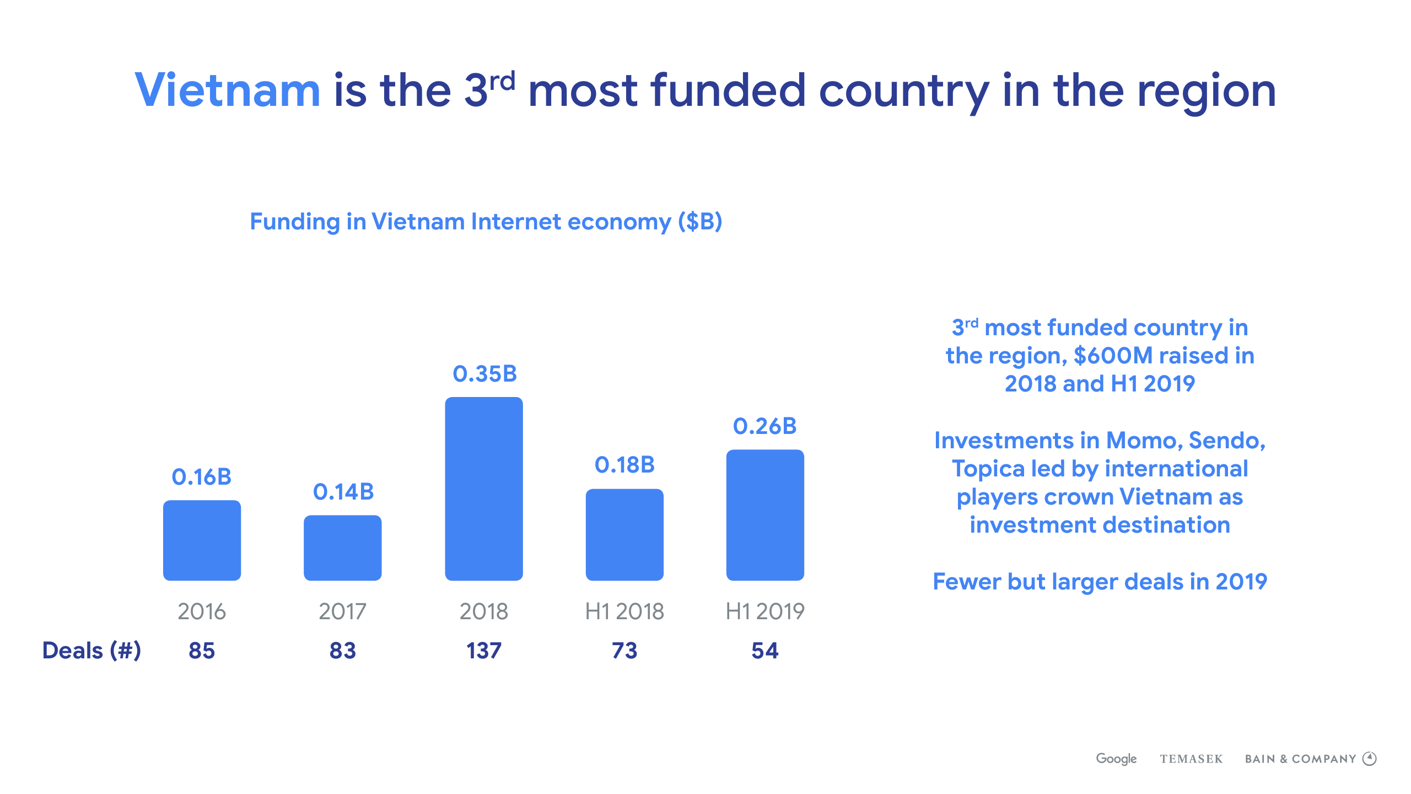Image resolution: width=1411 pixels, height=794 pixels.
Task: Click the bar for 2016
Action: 202,540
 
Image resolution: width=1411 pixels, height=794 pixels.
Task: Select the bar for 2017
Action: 343,548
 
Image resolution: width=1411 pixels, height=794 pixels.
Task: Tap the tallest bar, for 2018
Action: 484,489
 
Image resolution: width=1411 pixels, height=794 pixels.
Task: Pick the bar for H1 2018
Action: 624,534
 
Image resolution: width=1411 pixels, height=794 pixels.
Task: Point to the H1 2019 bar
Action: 765,515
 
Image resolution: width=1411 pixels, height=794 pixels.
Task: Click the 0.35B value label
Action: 484,374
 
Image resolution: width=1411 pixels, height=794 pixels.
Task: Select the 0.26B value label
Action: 765,426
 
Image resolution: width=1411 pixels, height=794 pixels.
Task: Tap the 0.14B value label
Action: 343,492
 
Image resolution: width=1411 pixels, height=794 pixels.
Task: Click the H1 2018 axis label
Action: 624,611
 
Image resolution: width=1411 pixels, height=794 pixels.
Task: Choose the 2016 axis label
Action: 202,611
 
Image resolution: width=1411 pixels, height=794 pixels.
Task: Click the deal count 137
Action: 484,651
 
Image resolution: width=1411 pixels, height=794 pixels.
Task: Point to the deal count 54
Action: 765,651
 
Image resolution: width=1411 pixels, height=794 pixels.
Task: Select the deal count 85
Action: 202,651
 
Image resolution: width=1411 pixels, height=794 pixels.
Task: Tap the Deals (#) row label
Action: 91,651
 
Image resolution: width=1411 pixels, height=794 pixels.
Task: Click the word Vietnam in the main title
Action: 228,90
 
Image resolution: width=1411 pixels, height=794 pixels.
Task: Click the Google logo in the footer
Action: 1116,759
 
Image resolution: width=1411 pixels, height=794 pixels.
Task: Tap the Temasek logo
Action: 1191,759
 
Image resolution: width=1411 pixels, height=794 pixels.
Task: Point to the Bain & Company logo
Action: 1311,759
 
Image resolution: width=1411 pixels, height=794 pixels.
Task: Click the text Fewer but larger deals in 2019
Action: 1100,582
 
